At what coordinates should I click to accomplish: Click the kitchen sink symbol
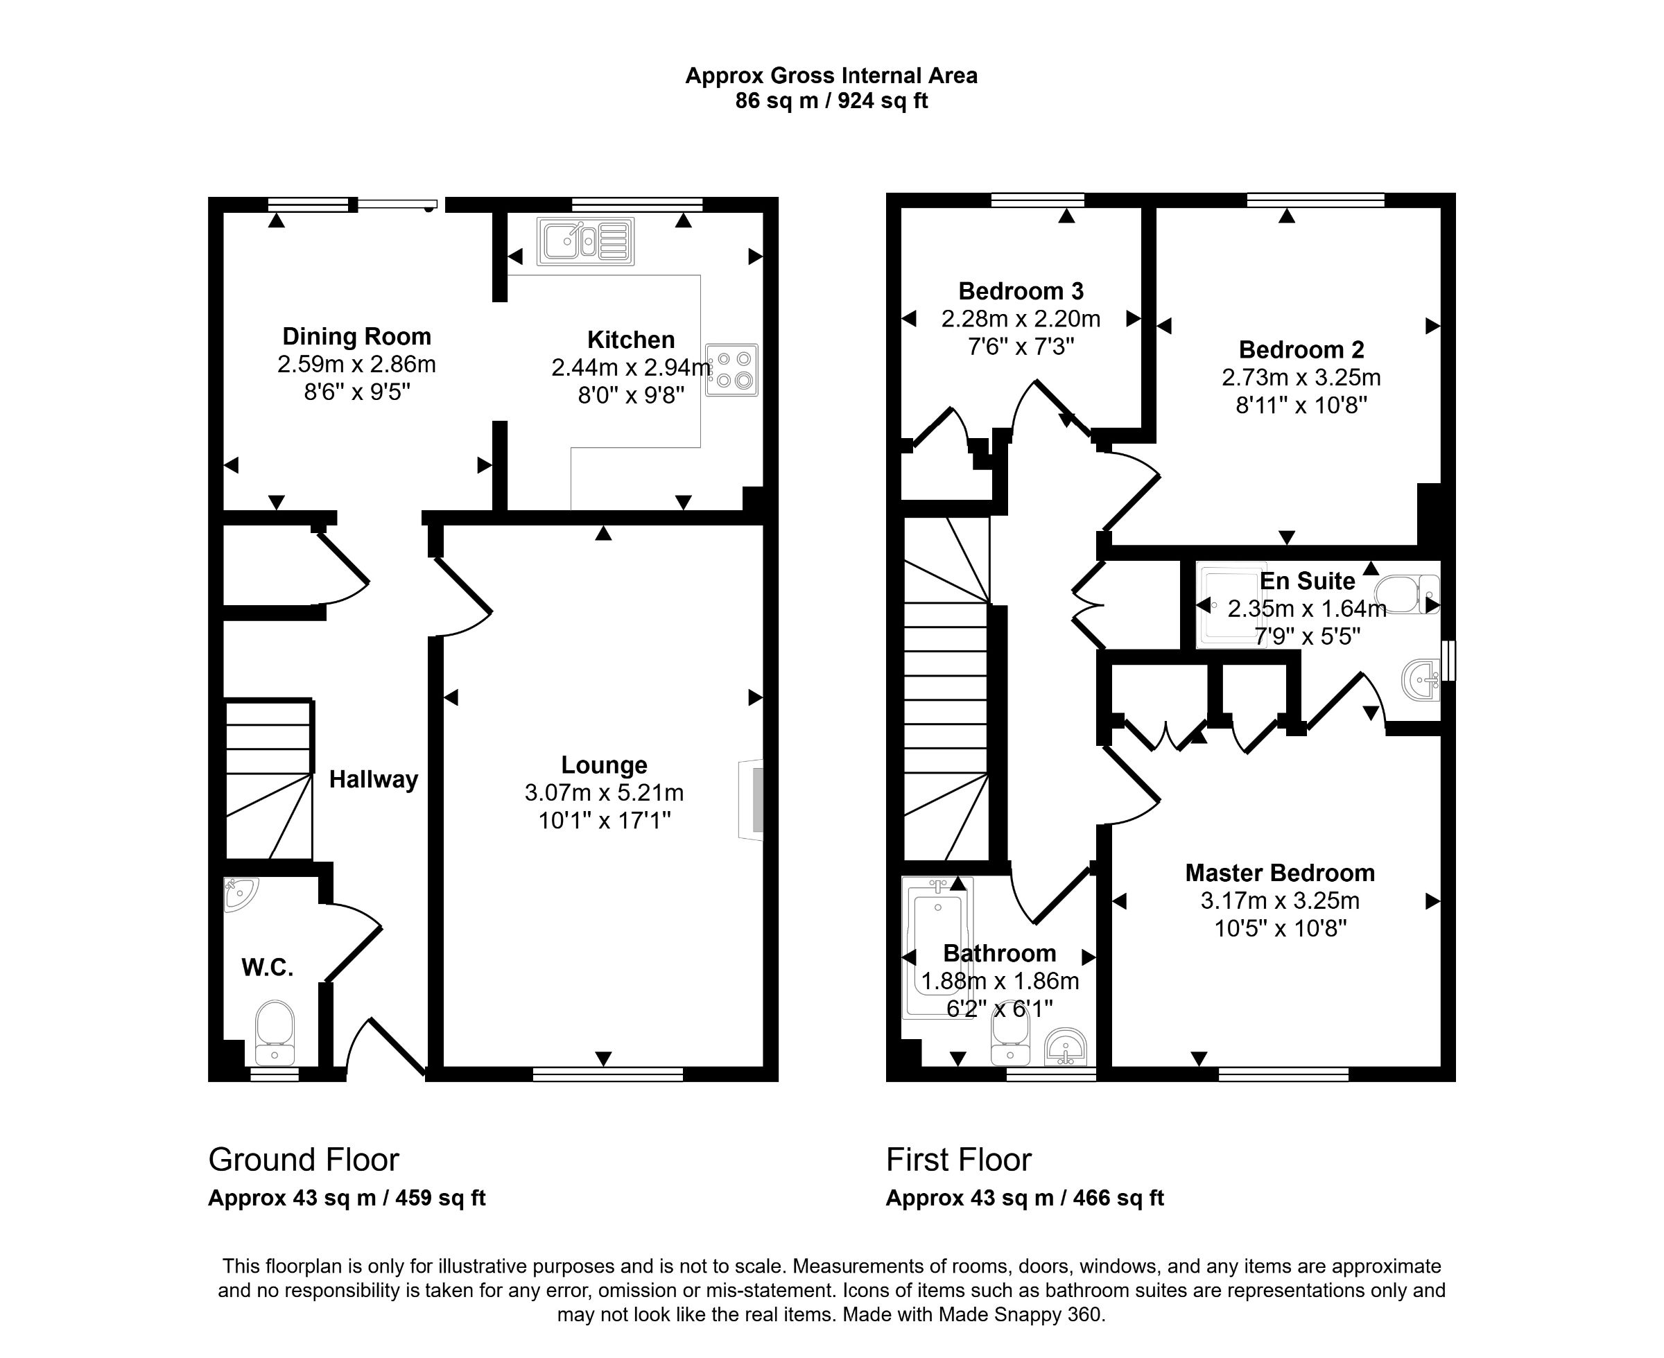pos(585,241)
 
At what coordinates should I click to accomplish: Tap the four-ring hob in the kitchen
pos(731,370)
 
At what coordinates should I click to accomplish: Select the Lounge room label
pos(604,765)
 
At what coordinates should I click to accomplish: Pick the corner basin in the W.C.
pos(239,894)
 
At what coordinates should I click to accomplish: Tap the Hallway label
pos(373,779)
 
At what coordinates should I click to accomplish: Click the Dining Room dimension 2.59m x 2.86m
pos(357,365)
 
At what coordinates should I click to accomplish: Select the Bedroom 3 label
pos(1021,291)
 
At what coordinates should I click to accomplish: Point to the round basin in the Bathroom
pos(1066,1047)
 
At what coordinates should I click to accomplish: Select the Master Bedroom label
pos(1280,872)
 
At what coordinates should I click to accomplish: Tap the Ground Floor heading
pos(304,1159)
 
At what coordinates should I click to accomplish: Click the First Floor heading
pos(958,1159)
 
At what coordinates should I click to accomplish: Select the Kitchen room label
pos(630,340)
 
